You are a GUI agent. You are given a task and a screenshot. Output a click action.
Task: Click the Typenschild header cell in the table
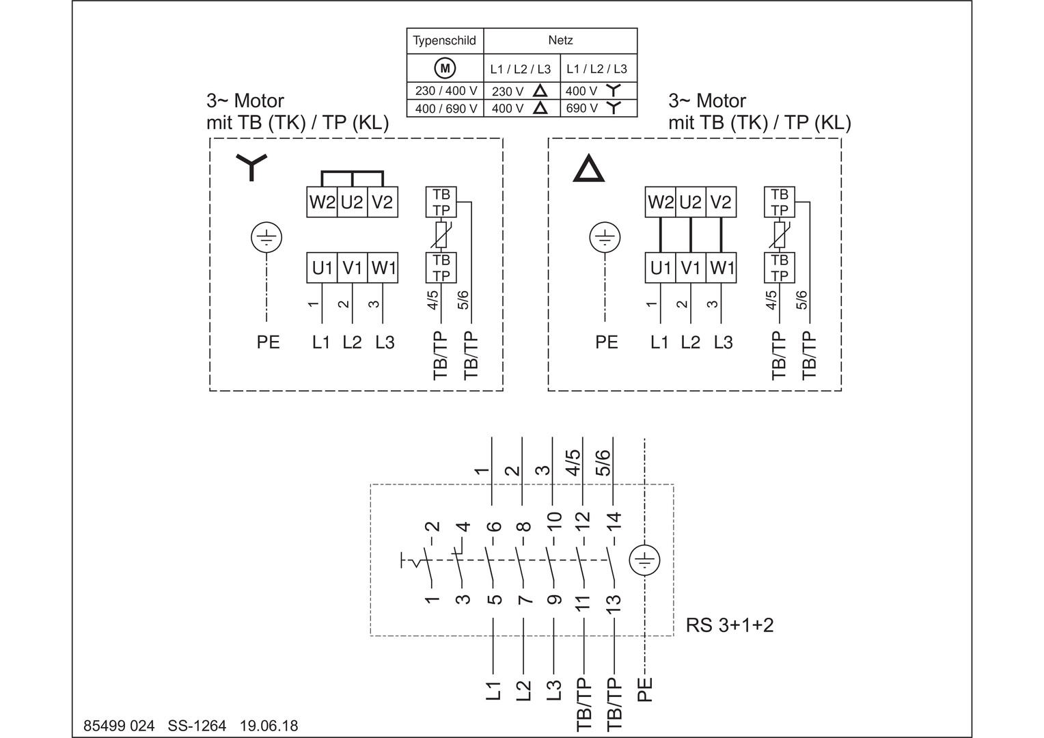[445, 41]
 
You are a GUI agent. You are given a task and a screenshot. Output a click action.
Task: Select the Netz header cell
[560, 41]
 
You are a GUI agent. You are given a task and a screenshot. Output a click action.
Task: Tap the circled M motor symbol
[445, 68]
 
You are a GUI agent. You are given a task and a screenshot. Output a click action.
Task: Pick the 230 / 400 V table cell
[445, 91]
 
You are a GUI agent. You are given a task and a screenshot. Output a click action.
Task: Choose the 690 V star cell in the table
[599, 108]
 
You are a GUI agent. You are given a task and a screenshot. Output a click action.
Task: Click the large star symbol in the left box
[251, 166]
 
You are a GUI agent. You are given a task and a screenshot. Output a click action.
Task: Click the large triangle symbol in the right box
[588, 168]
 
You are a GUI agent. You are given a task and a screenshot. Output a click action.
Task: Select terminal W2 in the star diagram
[322, 203]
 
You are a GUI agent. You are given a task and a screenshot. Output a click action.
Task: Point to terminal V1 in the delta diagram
[691, 269]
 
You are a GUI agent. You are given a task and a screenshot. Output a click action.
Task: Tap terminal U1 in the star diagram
[322, 269]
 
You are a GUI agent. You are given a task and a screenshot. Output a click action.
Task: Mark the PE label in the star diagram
[268, 342]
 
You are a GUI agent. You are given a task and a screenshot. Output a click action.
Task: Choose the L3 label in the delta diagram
[723, 342]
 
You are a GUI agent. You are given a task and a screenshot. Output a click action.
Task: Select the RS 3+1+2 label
[730, 625]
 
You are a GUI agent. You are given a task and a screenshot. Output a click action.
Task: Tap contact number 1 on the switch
[432, 599]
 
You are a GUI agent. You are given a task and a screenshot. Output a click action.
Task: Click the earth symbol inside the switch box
[644, 561]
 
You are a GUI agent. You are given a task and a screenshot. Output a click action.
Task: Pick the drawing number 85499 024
[119, 726]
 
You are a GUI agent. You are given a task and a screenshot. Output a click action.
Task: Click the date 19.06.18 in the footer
[269, 726]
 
